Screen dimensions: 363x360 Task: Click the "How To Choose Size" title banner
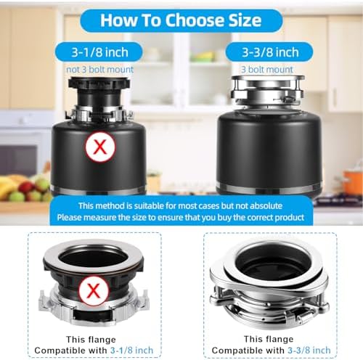click(x=181, y=20)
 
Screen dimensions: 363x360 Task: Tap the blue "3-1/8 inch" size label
click(x=99, y=52)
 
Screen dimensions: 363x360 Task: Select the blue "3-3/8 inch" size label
click(x=270, y=52)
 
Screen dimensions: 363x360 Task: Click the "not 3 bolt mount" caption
click(x=99, y=70)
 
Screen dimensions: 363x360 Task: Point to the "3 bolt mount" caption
click(x=267, y=70)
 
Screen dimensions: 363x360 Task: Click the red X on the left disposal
click(x=100, y=147)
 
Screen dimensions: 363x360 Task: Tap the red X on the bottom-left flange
click(x=94, y=290)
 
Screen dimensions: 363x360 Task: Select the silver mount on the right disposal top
click(x=267, y=89)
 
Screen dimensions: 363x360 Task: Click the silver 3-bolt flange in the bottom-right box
click(x=269, y=283)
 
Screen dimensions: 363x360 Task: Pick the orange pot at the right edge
click(x=354, y=182)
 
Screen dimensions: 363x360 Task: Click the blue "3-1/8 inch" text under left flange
click(x=131, y=350)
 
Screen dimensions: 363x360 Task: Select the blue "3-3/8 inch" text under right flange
click(x=309, y=350)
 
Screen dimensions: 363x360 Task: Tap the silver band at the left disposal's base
click(x=98, y=190)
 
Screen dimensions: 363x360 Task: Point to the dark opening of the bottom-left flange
click(x=93, y=258)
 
